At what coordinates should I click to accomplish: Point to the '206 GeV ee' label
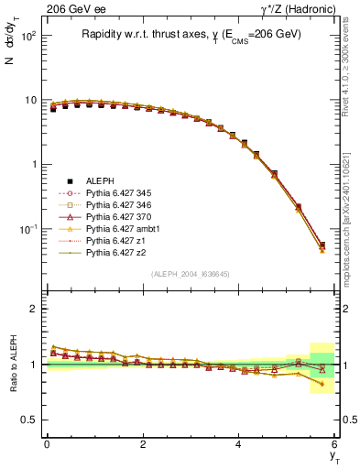pos(72,8)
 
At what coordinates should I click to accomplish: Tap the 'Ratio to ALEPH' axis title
pos(11,365)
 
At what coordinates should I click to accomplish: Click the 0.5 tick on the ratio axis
pos(32,420)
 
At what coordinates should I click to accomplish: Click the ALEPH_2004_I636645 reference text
pos(191,275)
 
